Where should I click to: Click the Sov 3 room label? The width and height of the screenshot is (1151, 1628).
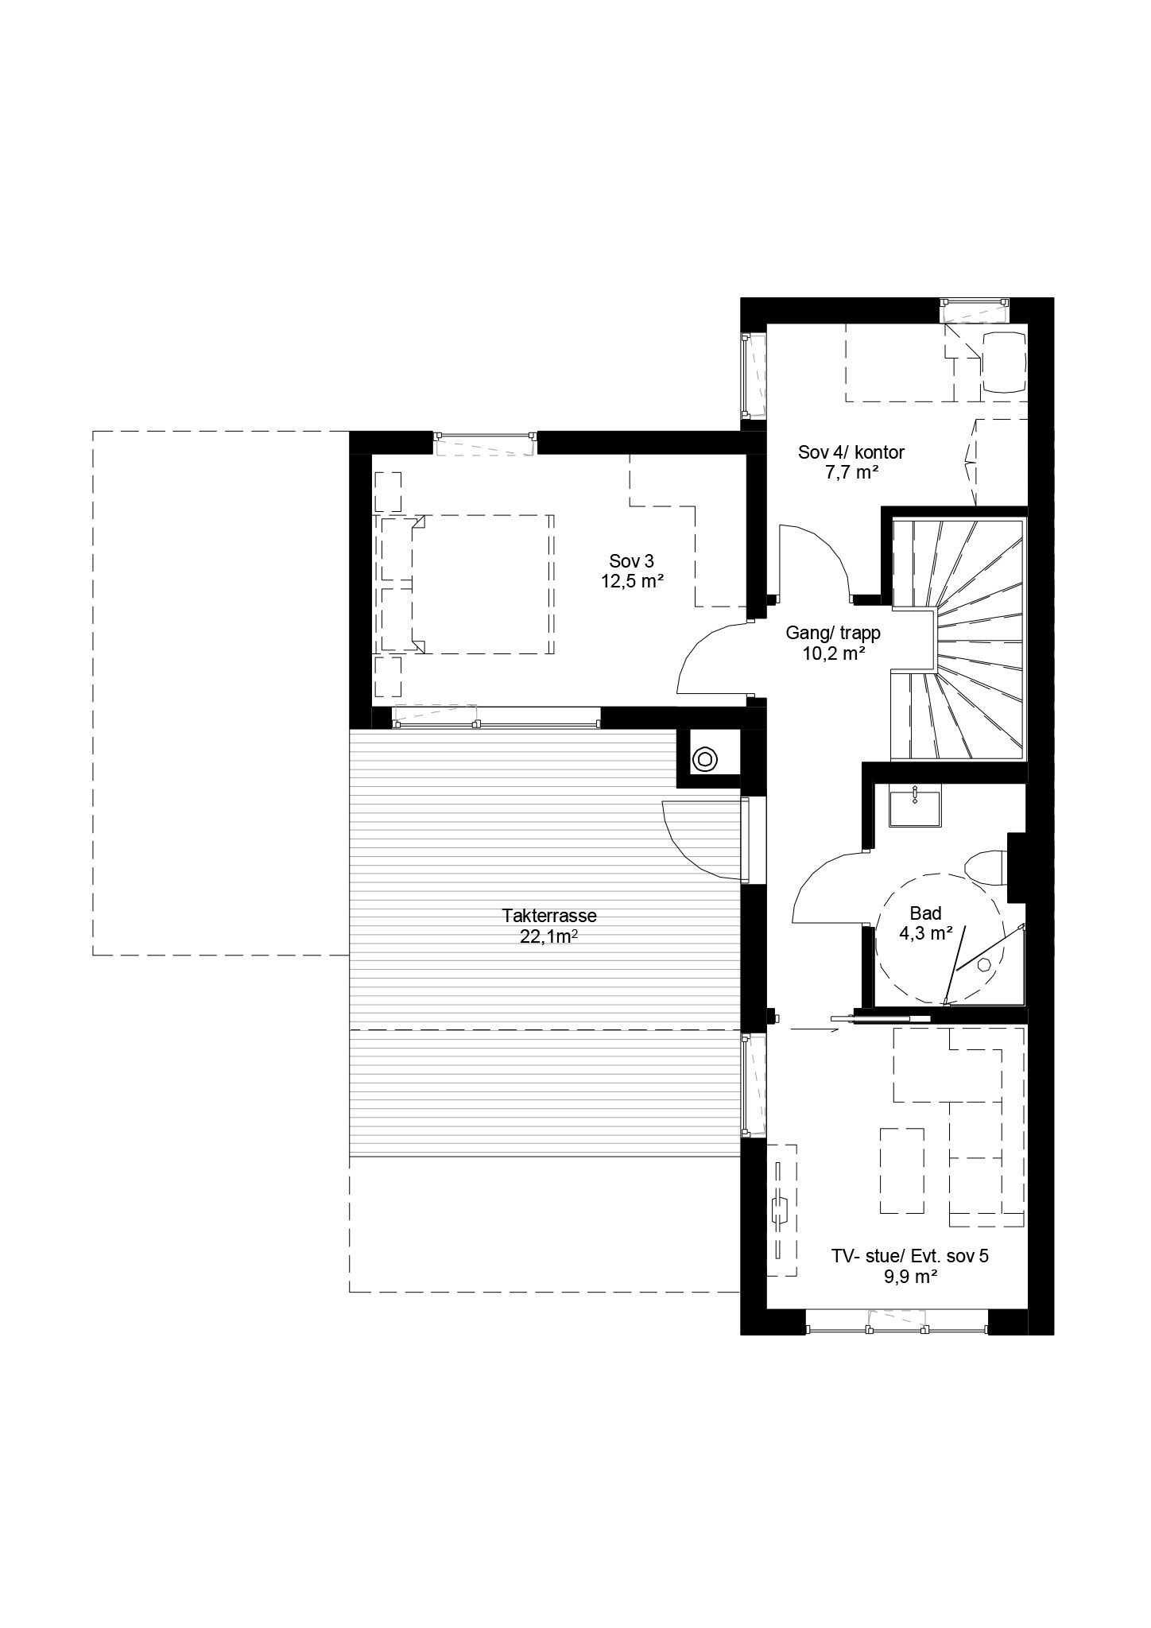[x=632, y=559]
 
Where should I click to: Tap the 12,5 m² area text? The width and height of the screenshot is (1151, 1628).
[x=632, y=581]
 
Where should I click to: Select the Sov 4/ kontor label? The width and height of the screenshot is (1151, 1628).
[x=851, y=453]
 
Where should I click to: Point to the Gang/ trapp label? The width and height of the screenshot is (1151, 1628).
[x=833, y=634]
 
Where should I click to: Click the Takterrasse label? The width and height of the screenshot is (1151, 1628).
[x=548, y=915]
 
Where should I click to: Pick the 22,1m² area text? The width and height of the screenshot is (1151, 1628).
[x=548, y=936]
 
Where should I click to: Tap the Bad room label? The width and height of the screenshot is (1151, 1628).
[x=926, y=913]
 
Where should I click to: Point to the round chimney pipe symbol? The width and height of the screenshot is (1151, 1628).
[x=704, y=760]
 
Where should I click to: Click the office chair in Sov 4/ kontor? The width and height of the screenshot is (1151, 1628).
[x=1004, y=362]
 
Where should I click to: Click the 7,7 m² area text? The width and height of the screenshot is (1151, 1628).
[x=851, y=473]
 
